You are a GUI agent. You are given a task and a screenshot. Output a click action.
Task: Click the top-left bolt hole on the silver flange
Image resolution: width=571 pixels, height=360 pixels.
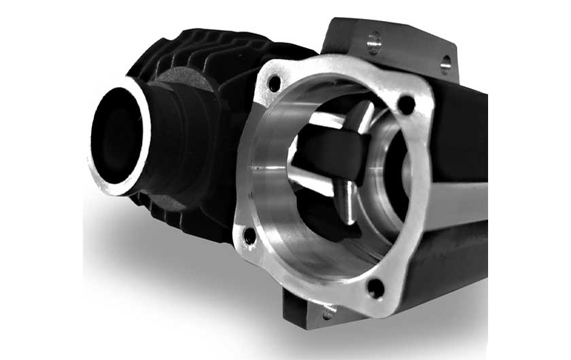(x=274, y=84)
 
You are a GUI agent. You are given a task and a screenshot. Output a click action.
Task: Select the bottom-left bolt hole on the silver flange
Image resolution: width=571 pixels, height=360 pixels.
(x=249, y=236)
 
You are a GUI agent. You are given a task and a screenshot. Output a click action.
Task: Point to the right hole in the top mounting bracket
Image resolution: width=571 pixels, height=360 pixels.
(x=445, y=65)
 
